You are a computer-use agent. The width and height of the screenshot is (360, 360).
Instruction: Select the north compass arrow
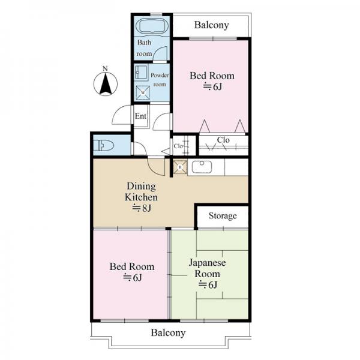(x=106, y=84)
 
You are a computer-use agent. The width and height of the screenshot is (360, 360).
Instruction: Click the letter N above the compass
(x=105, y=68)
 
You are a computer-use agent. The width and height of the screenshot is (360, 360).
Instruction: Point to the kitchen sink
(x=202, y=167)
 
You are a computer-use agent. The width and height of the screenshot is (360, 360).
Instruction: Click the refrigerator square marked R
(x=180, y=167)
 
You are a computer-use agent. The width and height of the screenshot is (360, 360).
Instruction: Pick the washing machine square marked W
(x=143, y=92)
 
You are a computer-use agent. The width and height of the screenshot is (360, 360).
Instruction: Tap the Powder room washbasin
(x=141, y=73)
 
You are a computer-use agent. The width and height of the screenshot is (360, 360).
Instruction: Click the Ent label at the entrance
(x=140, y=116)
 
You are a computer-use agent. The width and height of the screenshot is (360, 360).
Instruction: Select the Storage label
(x=223, y=216)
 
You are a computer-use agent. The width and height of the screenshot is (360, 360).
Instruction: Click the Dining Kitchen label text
(x=141, y=192)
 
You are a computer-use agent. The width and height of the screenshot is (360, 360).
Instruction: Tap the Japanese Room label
(x=208, y=268)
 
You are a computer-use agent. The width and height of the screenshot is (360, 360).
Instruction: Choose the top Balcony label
(x=211, y=25)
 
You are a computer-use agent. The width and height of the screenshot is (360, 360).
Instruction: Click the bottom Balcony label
(x=168, y=332)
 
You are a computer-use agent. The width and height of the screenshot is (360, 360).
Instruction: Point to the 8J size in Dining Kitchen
(x=142, y=208)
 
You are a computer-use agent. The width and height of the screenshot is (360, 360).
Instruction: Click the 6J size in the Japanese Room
(x=208, y=284)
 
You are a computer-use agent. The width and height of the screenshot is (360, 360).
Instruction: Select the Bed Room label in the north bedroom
(x=212, y=76)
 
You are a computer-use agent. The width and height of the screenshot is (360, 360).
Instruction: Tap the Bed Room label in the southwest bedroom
(x=132, y=266)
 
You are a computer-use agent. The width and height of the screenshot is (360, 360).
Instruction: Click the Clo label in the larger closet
(x=223, y=140)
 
